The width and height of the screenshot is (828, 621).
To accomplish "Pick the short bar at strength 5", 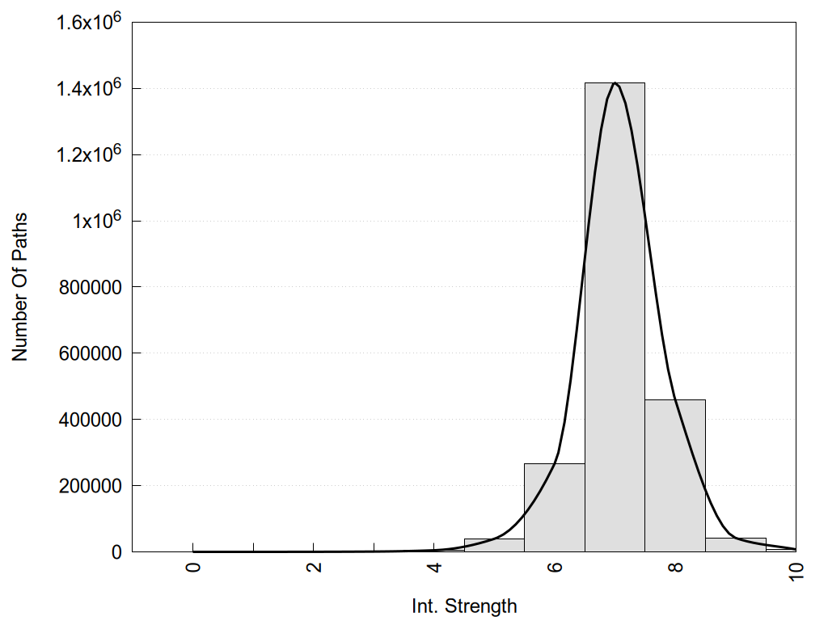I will (494, 545).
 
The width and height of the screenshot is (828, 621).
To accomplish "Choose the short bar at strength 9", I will (735, 544).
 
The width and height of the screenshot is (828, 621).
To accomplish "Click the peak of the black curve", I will (615, 82).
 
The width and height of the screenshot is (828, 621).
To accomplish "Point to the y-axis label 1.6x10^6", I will (88, 22).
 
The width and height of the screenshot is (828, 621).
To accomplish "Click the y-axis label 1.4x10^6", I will (88, 88).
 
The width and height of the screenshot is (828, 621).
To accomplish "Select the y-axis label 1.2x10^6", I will (88, 154).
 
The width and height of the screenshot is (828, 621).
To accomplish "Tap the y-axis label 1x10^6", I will (95, 221).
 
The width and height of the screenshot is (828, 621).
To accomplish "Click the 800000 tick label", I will (90, 287).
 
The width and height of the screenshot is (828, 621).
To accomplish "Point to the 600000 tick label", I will (90, 353).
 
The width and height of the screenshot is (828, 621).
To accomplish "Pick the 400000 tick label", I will (90, 420).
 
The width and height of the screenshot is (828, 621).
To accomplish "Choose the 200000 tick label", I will (90, 486).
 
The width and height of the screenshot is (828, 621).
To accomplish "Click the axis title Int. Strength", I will (463, 605).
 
